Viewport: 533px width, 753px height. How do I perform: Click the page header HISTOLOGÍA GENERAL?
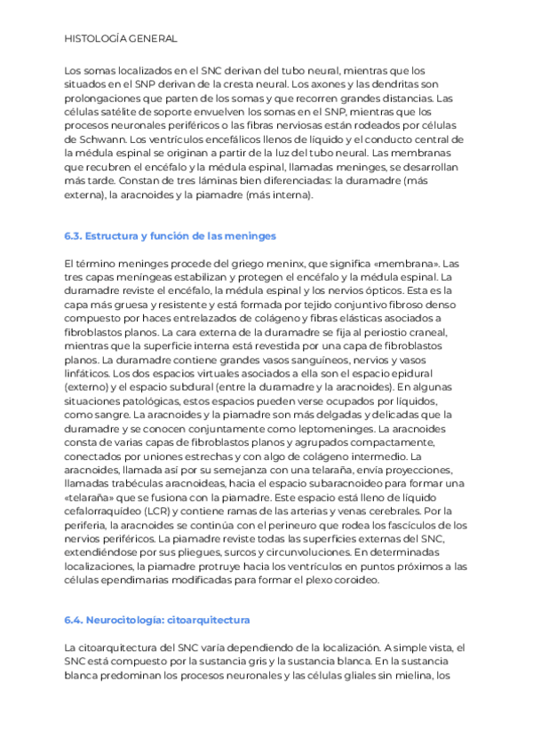click(121, 39)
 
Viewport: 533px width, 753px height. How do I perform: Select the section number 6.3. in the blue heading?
click(74, 236)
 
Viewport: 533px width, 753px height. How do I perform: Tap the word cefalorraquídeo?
click(99, 511)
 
